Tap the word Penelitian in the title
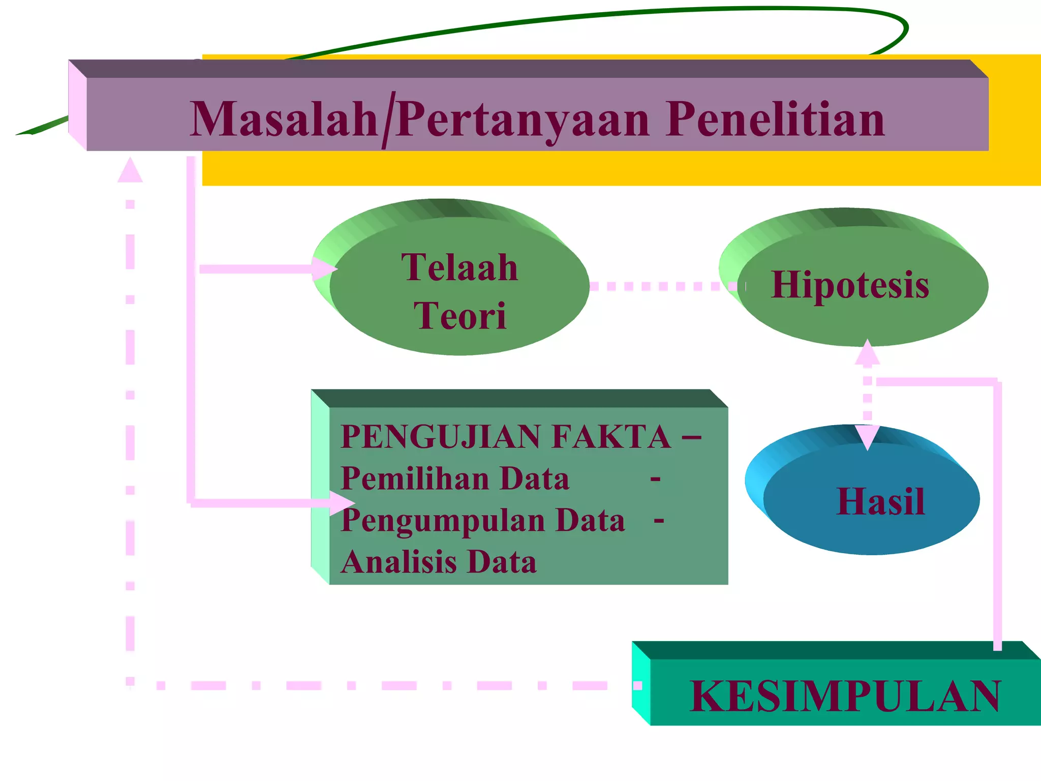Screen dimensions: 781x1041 click(x=776, y=119)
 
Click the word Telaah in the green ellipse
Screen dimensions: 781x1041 click(x=460, y=267)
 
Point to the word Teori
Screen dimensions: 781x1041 click(x=460, y=316)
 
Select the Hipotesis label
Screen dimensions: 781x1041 click(x=850, y=285)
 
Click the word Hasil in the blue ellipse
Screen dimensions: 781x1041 click(x=880, y=502)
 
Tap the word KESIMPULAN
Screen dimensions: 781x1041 click(x=845, y=696)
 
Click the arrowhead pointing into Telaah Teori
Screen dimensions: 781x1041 click(x=324, y=268)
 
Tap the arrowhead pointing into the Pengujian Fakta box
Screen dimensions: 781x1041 click(x=341, y=503)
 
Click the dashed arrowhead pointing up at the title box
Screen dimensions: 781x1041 click(x=130, y=170)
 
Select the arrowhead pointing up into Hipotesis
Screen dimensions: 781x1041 click(x=867, y=352)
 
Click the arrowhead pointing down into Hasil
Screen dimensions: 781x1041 click(x=867, y=437)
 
